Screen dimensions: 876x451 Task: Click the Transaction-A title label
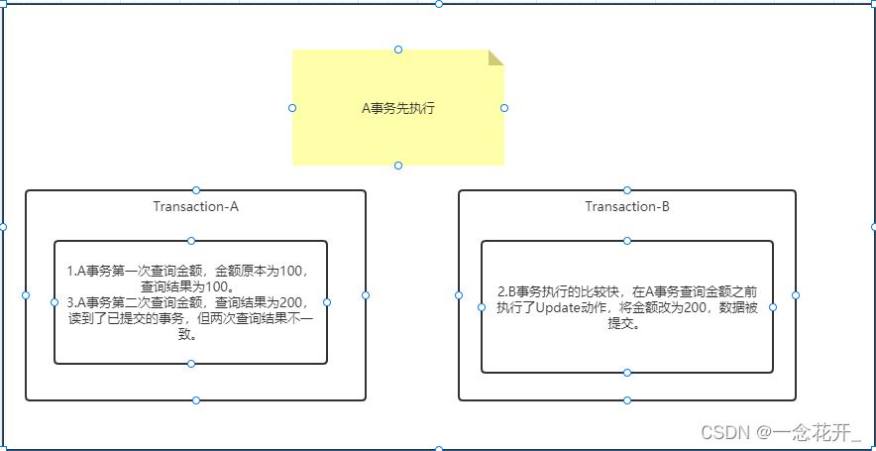click(x=196, y=207)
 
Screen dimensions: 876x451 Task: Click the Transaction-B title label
click(x=627, y=207)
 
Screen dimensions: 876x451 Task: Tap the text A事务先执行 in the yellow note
click(x=397, y=108)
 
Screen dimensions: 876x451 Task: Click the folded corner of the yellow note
click(x=495, y=57)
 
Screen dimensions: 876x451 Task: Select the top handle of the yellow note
click(x=398, y=50)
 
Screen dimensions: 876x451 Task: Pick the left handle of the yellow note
click(x=292, y=107)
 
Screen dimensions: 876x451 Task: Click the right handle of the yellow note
click(x=504, y=107)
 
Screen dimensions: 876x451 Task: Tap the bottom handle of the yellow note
click(x=398, y=166)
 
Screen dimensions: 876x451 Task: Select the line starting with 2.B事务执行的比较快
click(x=627, y=291)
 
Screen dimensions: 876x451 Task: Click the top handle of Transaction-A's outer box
click(x=196, y=189)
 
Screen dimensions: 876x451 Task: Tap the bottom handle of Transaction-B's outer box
click(x=627, y=400)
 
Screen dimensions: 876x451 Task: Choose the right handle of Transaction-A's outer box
click(x=366, y=295)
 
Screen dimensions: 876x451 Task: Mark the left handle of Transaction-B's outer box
click(x=459, y=295)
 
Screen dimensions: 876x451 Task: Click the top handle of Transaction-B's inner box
click(x=627, y=241)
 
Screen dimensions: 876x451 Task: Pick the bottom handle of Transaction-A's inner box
click(x=191, y=364)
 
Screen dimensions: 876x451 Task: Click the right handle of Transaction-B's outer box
click(x=796, y=295)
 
